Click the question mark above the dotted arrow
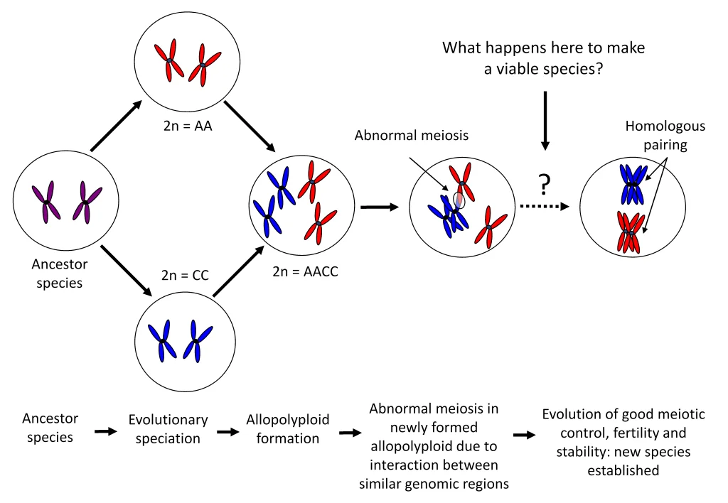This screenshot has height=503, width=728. click(545, 185)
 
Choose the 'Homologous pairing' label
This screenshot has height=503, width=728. click(665, 134)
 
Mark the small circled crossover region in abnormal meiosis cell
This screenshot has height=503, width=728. click(459, 200)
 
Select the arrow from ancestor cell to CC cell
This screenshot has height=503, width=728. click(127, 271)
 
